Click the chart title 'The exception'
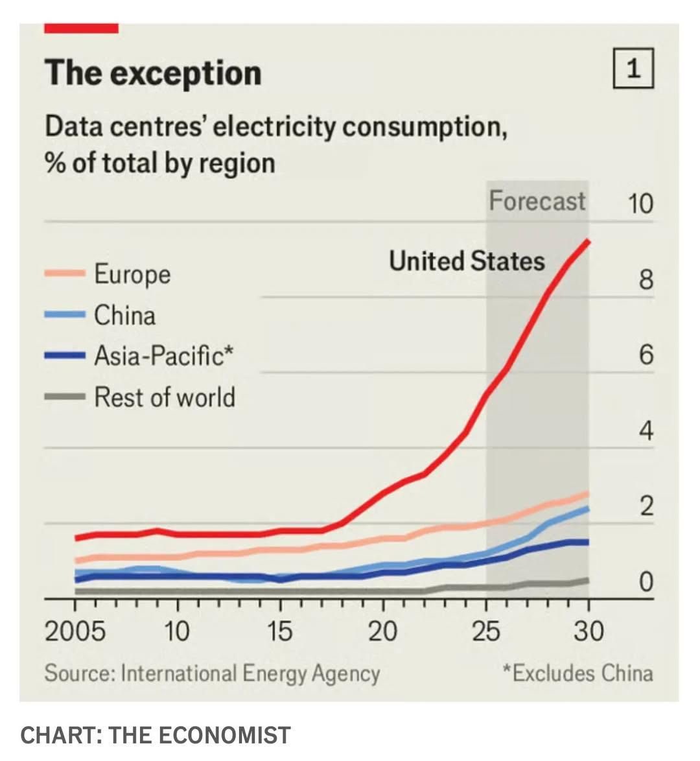coord(153,73)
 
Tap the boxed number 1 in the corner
coord(633,69)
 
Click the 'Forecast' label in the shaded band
coord(537,201)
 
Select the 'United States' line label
coord(467,261)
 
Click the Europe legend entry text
coord(132,274)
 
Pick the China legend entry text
coord(124,316)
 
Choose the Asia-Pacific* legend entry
coord(163,356)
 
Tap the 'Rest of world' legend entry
coord(165,397)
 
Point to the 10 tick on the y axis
coord(640,204)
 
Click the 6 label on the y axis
coord(646,355)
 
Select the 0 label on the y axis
coord(646,582)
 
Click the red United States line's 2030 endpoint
coord(588,240)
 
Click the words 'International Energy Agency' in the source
coord(250,673)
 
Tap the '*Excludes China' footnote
coord(577,673)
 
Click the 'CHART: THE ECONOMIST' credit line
coord(156,736)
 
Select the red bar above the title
coord(81,29)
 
